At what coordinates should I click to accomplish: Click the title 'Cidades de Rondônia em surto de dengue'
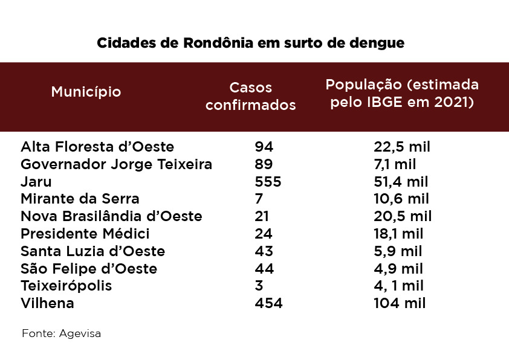[250, 43]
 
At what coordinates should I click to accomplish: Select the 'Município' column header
[86, 92]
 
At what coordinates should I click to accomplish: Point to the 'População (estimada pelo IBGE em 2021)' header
[402, 92]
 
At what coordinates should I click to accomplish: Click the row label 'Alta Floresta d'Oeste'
[97, 147]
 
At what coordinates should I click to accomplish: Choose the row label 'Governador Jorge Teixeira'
[116, 164]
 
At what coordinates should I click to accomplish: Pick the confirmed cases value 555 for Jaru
[268, 181]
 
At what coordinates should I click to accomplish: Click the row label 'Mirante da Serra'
[80, 199]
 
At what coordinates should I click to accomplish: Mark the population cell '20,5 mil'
[403, 216]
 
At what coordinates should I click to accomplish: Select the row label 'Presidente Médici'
[85, 234]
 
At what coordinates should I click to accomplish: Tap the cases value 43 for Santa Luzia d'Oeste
[264, 251]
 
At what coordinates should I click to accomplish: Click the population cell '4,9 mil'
[398, 268]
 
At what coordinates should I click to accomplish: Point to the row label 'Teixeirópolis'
[66, 286]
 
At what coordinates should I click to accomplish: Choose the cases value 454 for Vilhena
[268, 303]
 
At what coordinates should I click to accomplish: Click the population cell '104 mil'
[400, 303]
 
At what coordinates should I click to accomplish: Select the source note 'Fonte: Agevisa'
[61, 333]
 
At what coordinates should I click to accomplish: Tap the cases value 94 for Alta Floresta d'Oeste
[264, 147]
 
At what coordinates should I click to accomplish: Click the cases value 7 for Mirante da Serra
[259, 199]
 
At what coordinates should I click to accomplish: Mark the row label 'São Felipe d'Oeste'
[89, 268]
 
